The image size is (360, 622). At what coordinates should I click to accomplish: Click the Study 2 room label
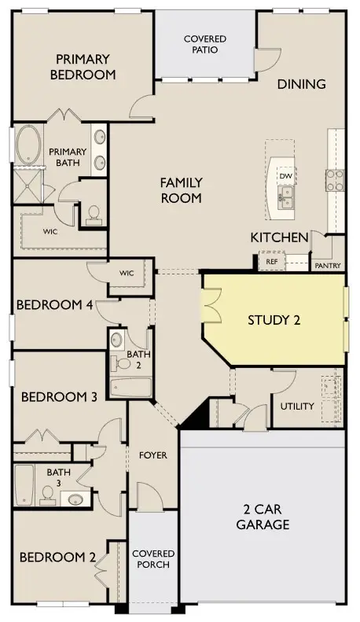click(x=274, y=320)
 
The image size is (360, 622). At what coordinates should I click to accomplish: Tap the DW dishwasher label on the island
click(x=285, y=176)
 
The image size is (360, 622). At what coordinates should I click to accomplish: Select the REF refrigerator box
click(x=272, y=261)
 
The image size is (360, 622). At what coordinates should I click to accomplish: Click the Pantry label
click(x=328, y=266)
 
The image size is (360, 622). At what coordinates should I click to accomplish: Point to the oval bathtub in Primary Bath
click(x=28, y=145)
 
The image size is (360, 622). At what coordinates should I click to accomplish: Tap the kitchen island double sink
click(x=285, y=197)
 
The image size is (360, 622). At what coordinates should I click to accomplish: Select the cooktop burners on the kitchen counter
click(x=335, y=180)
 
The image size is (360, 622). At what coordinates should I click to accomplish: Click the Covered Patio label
click(x=205, y=44)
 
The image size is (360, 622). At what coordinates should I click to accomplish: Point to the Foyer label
click(x=153, y=455)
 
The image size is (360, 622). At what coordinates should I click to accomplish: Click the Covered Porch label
click(x=153, y=558)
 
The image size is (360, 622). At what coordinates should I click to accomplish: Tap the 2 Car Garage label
click(x=263, y=517)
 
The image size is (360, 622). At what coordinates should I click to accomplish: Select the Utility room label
click(x=297, y=407)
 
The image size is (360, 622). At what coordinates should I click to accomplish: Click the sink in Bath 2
click(x=116, y=340)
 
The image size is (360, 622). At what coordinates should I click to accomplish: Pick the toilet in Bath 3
click(x=48, y=496)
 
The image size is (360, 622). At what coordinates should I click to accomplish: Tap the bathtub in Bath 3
click(x=24, y=485)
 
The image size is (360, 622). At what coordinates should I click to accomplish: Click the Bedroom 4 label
click(x=55, y=305)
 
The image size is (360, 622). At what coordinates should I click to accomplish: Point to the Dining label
click(x=301, y=84)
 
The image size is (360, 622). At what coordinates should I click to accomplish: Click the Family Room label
click(x=182, y=190)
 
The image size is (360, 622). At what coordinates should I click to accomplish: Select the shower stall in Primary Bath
click(x=28, y=186)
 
